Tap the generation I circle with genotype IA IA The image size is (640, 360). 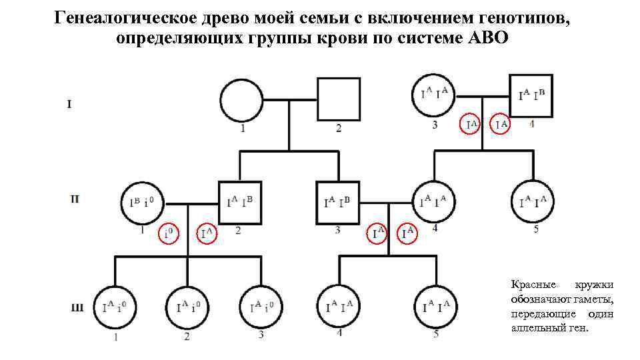point(434,93)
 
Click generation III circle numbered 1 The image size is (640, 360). point(115,307)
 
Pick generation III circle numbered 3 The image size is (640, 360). point(261,307)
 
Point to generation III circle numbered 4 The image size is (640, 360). point(339,307)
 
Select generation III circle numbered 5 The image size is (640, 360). point(435,307)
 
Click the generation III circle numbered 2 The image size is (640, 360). point(187,307)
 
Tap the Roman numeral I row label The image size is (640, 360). point(69,103)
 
